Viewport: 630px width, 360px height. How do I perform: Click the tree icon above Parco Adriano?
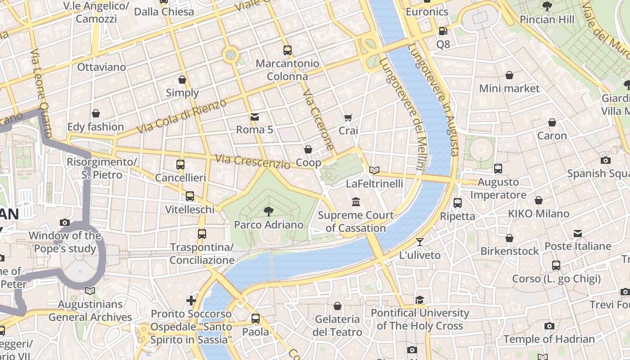click(x=268, y=211)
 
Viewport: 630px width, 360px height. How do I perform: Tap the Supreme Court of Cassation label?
click(x=355, y=221)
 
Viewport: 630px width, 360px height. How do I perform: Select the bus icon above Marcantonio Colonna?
click(x=288, y=50)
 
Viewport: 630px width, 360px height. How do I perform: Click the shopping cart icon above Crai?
click(x=348, y=117)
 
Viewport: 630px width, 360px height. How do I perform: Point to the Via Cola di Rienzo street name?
click(x=182, y=117)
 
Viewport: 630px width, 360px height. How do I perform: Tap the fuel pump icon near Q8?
click(x=443, y=31)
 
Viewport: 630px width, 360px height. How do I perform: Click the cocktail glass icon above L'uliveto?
click(x=419, y=242)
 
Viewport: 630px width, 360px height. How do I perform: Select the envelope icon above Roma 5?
click(x=255, y=117)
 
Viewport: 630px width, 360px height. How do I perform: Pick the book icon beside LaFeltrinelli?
click(x=374, y=170)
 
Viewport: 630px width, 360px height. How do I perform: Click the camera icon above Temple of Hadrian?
click(x=549, y=326)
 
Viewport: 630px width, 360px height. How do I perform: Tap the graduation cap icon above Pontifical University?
click(x=419, y=300)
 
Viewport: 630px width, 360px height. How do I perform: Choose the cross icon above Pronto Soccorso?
click(x=191, y=300)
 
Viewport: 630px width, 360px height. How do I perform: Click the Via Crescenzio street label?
click(x=253, y=162)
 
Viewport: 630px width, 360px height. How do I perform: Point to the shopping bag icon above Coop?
click(x=308, y=149)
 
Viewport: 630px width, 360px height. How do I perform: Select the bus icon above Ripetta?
click(x=457, y=203)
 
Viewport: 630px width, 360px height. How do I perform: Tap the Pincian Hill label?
click(x=547, y=19)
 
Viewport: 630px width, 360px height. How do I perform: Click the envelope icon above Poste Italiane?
click(x=578, y=234)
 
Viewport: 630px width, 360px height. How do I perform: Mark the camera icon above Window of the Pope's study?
click(x=65, y=222)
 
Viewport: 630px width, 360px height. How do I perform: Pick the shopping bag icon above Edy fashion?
click(x=95, y=113)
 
